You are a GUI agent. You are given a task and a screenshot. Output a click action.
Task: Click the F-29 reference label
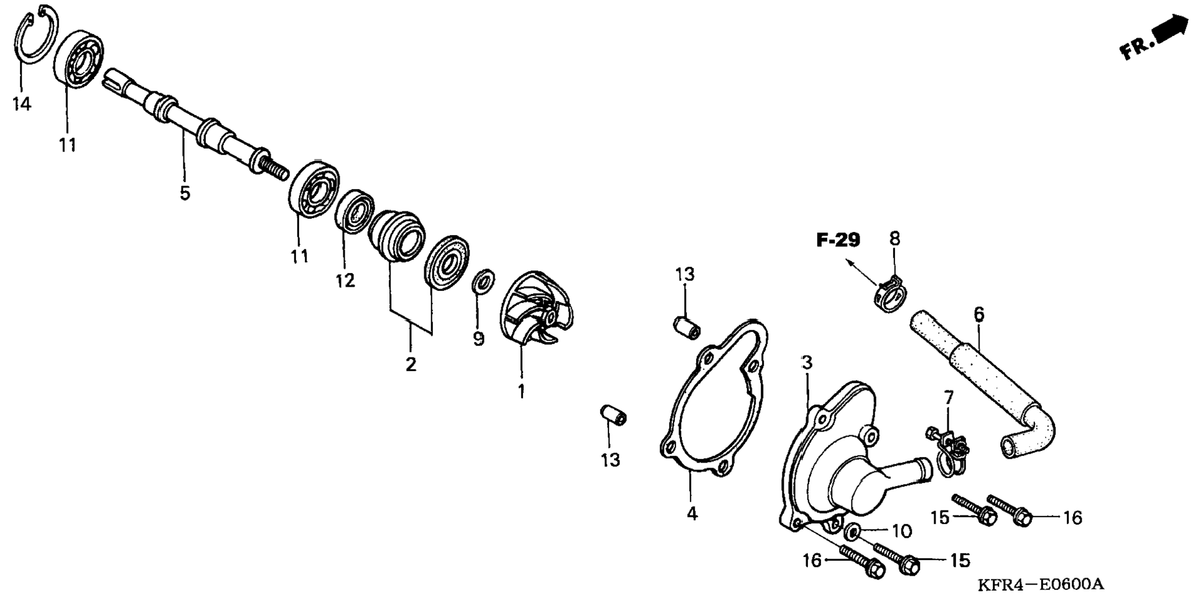click(x=838, y=239)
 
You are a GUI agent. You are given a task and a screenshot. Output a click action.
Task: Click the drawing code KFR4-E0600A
click(x=1040, y=584)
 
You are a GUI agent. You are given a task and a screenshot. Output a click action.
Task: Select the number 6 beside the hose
click(x=979, y=314)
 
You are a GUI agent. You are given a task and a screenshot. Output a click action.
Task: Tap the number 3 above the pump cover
click(x=807, y=362)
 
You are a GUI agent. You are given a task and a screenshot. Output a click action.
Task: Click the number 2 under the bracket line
click(x=411, y=364)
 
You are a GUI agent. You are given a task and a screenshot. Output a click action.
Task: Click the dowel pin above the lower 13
click(x=613, y=415)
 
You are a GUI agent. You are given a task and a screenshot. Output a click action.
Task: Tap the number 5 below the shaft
click(x=185, y=193)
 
